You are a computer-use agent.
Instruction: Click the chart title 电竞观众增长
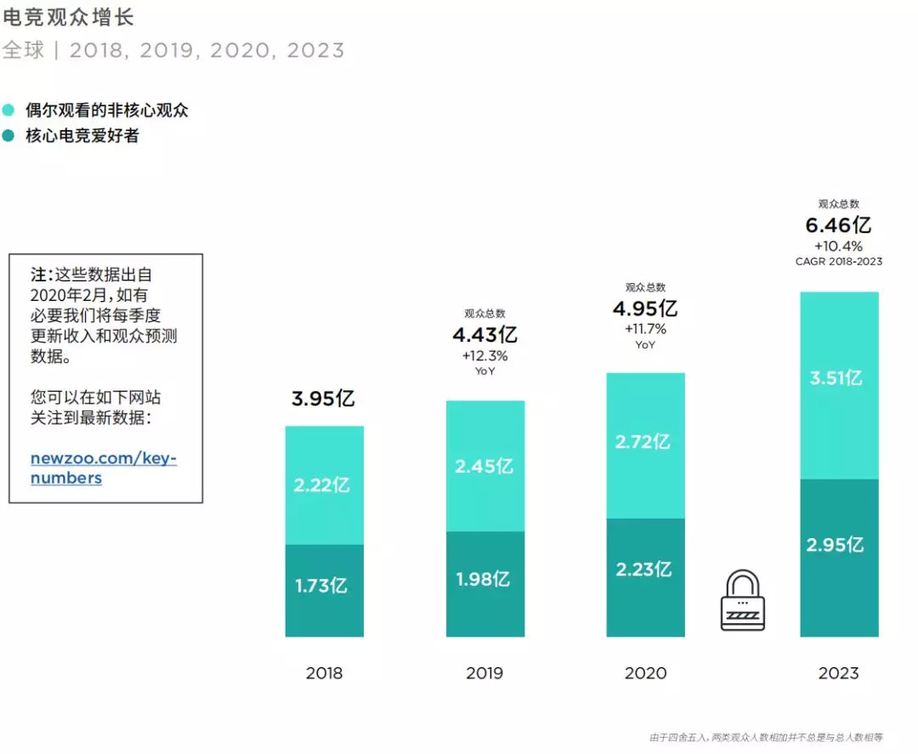point(69,18)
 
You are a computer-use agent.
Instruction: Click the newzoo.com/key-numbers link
point(103,468)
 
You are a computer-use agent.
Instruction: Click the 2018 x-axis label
point(324,673)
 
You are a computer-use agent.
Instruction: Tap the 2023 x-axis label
point(838,673)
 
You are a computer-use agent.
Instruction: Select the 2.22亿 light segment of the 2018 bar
point(324,485)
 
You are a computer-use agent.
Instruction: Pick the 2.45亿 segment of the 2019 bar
point(484,466)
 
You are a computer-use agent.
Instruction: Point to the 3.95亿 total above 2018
point(323,398)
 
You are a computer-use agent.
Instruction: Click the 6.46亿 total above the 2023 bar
point(838,225)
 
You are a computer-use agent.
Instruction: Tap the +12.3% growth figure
point(484,355)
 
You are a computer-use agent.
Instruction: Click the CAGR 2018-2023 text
point(838,262)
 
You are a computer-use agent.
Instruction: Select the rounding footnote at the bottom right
point(766,737)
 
